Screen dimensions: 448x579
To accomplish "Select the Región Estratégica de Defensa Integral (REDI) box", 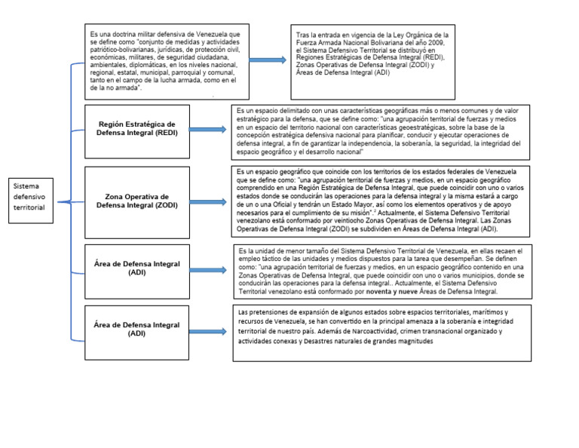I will [137, 129].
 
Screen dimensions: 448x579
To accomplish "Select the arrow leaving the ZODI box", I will [213, 200].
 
